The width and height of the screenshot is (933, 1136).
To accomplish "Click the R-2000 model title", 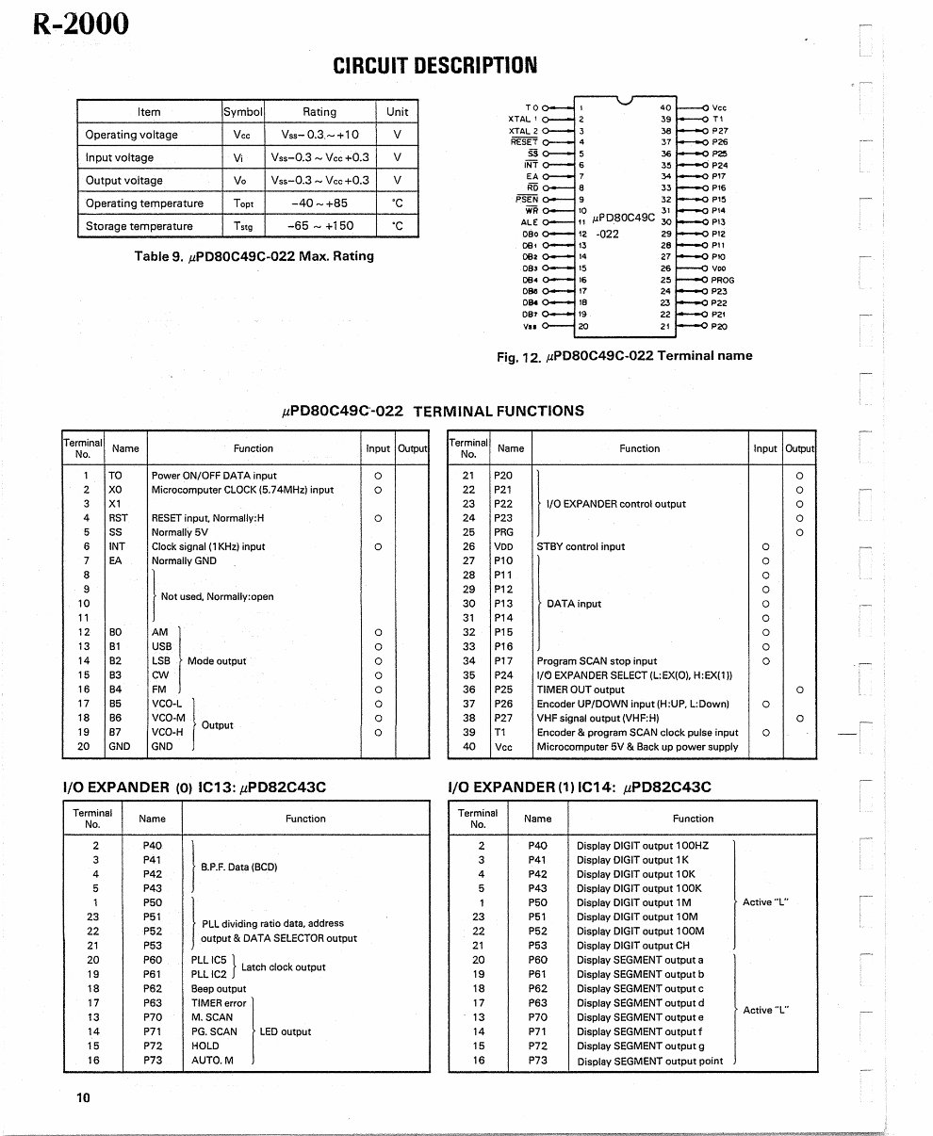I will click(x=80, y=24).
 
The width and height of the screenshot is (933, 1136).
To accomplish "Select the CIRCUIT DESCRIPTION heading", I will click(x=434, y=65).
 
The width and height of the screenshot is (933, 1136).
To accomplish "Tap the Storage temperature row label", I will click(x=139, y=226).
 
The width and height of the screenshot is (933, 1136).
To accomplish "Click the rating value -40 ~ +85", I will click(x=319, y=203).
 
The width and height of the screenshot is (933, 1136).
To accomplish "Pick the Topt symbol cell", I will click(x=243, y=203).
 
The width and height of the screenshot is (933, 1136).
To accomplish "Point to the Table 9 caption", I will click(x=254, y=256).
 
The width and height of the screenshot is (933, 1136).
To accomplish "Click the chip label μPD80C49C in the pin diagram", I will click(x=623, y=218).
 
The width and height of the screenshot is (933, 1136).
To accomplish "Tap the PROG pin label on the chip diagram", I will click(x=722, y=280).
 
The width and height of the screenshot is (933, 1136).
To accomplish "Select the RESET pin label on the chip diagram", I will click(x=523, y=141).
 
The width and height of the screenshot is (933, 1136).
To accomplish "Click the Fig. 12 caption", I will click(x=624, y=356).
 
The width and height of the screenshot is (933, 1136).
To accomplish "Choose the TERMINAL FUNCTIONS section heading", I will click(x=433, y=411).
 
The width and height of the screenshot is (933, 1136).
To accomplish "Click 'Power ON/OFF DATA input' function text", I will click(x=214, y=476).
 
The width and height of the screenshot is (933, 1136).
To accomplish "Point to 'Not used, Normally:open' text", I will click(x=217, y=596).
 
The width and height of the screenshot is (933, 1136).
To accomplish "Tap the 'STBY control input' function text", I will click(x=581, y=546).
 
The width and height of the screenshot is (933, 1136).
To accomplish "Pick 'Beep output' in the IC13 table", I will click(x=218, y=989).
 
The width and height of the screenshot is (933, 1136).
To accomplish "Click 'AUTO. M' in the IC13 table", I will click(x=212, y=1061).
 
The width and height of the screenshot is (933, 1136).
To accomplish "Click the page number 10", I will click(x=83, y=1097).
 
